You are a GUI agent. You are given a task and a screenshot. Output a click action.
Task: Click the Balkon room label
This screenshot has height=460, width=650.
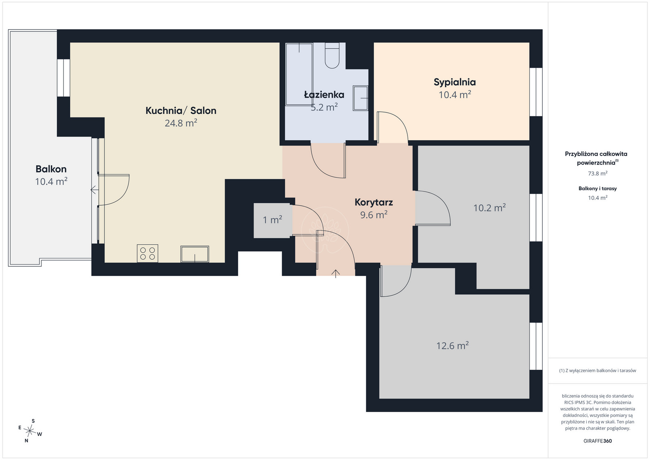[x=51, y=169]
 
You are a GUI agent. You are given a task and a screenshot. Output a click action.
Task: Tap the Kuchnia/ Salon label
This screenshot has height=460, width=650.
[x=181, y=111]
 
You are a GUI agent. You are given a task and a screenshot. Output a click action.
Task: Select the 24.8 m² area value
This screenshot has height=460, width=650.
[x=181, y=123]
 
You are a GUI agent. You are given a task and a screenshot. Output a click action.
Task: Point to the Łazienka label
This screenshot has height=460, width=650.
[x=324, y=95]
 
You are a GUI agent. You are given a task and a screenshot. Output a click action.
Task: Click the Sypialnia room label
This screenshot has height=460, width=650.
[x=455, y=82]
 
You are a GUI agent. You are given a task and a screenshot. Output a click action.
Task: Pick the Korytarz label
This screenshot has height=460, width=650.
[x=374, y=202]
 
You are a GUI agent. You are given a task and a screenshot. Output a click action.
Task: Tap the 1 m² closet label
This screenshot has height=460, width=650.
[x=273, y=220]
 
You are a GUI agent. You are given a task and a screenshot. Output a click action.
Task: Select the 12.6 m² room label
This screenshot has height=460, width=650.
[x=453, y=345]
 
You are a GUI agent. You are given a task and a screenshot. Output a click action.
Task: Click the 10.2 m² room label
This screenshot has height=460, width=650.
[x=490, y=208]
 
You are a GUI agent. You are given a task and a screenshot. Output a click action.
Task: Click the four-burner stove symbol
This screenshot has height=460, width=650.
[x=147, y=253]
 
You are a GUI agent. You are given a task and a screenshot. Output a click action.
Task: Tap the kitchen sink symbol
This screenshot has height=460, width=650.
[x=195, y=254]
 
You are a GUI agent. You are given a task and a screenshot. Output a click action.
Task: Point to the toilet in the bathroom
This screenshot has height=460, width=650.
[x=332, y=55]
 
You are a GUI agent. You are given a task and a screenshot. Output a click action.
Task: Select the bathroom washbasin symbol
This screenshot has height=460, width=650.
[x=360, y=98]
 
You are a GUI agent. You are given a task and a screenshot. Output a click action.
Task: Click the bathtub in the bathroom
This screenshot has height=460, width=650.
[x=299, y=74]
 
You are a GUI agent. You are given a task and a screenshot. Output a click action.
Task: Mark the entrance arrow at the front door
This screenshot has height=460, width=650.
[x=336, y=273]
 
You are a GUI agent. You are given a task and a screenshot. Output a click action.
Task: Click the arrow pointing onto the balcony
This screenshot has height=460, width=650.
[x=95, y=190]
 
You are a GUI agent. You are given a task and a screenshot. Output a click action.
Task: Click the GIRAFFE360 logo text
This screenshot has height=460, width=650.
[x=598, y=441]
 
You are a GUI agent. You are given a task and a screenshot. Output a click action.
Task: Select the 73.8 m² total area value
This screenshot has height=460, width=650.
[x=598, y=173]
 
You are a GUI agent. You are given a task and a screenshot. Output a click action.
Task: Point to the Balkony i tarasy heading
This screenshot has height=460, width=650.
[x=598, y=189]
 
